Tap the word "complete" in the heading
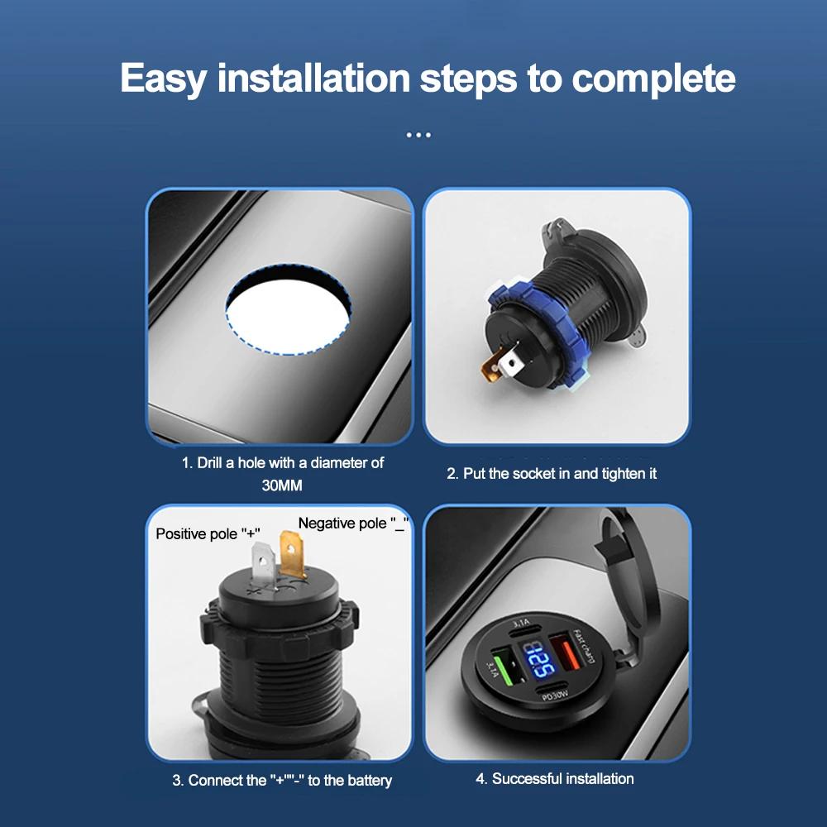click(x=653, y=79)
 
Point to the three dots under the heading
click(x=418, y=135)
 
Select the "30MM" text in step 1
click(x=282, y=486)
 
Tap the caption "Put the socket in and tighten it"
click(x=552, y=474)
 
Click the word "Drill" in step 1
click(x=213, y=463)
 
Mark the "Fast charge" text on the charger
click(x=590, y=643)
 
